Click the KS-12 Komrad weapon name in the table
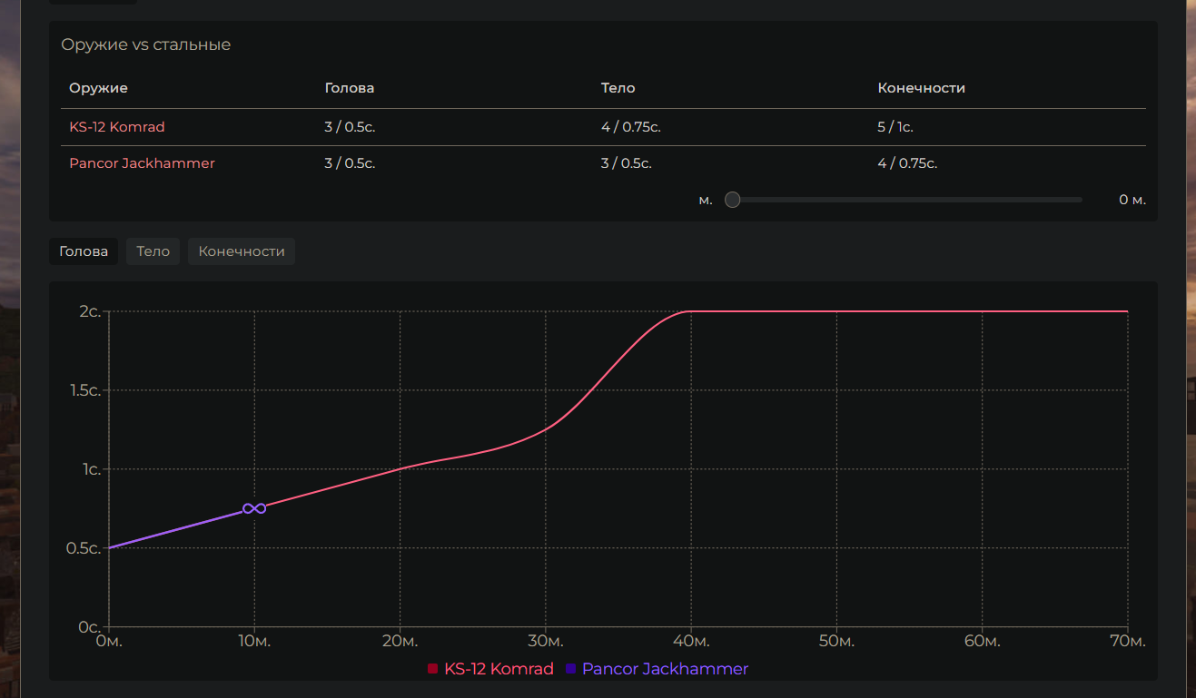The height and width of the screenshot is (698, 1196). (x=117, y=127)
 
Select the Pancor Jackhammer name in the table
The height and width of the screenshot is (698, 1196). (x=142, y=163)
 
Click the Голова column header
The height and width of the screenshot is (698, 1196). (x=350, y=88)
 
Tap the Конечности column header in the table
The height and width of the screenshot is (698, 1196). (x=921, y=88)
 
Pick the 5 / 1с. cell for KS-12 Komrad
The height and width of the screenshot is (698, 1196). (x=895, y=127)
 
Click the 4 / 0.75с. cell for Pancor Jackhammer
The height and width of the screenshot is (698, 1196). (x=907, y=163)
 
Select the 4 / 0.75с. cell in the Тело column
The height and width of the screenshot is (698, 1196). (x=630, y=127)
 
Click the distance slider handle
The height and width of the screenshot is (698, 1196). (x=733, y=200)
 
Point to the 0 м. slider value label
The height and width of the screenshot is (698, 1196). (x=1132, y=200)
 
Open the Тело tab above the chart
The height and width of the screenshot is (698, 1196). (x=153, y=251)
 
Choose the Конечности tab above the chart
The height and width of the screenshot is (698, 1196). (x=242, y=251)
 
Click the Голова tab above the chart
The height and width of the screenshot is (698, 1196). (x=84, y=251)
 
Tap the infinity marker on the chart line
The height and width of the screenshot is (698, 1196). (x=254, y=508)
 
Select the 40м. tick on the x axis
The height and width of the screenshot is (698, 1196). (x=690, y=642)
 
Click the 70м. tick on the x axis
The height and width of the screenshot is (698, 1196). (x=1126, y=642)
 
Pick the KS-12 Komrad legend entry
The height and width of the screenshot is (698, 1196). (x=490, y=669)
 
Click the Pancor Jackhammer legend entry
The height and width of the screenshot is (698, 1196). (x=657, y=669)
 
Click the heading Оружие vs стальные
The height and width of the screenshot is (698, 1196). (x=145, y=44)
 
